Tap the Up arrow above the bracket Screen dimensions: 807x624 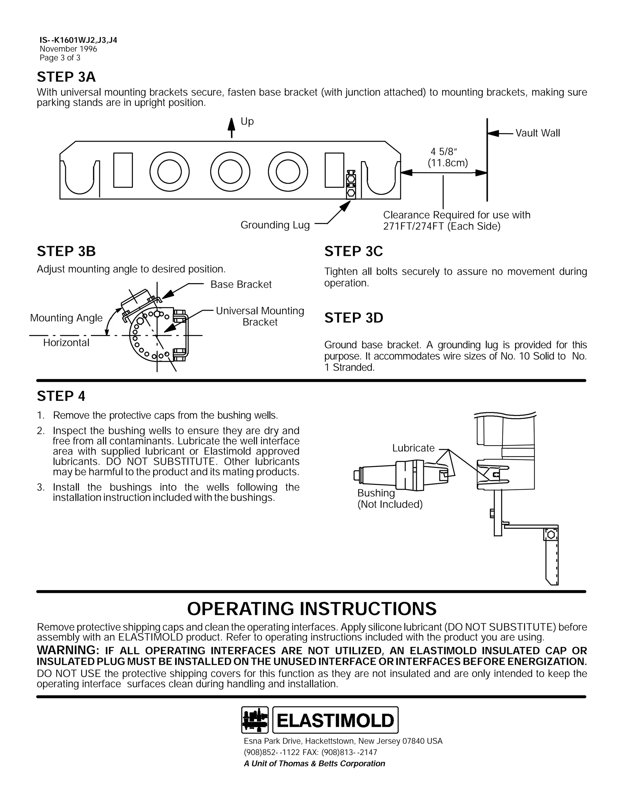pyautogui.click(x=232, y=128)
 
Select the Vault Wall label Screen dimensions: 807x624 pyautogui.click(x=537, y=133)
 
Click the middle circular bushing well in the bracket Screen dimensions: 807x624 pyautogui.click(x=230, y=172)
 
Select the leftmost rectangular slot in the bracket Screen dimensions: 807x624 pyautogui.click(x=123, y=170)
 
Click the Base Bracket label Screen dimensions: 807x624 pyautogui.click(x=241, y=284)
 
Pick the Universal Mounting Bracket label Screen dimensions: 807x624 pyautogui.click(x=260, y=316)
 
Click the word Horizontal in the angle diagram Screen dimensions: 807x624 pyautogui.click(x=66, y=343)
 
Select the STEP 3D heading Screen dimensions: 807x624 pyautogui.click(x=354, y=318)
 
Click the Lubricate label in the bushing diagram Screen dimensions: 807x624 pyautogui.click(x=413, y=448)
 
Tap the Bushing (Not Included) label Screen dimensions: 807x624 pyautogui.click(x=390, y=499)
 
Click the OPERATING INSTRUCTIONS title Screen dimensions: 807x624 pyautogui.click(x=312, y=609)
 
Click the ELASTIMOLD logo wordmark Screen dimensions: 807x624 pyautogui.click(x=335, y=720)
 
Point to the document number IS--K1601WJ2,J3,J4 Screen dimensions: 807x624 pyautogui.click(x=78, y=40)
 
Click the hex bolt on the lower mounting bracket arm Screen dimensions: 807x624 pyautogui.click(x=551, y=535)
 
